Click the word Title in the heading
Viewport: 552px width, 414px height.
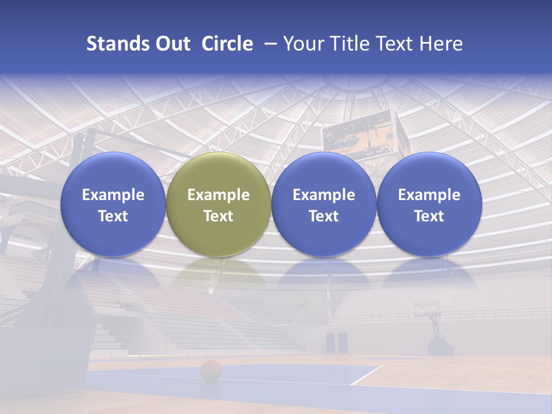(349, 44)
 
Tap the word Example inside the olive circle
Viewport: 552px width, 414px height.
(218, 195)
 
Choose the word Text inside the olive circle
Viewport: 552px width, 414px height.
(218, 216)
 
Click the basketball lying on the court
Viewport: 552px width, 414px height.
(211, 370)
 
